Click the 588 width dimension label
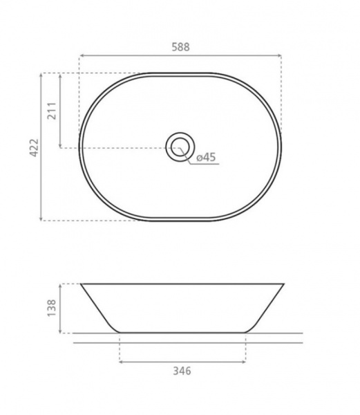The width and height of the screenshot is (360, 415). pyautogui.click(x=181, y=47)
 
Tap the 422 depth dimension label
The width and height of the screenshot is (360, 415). pyautogui.click(x=35, y=147)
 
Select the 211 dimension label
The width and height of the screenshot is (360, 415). pyautogui.click(x=52, y=111)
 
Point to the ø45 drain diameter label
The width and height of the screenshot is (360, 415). pyautogui.click(x=206, y=157)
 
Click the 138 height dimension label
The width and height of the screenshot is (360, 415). pyautogui.click(x=52, y=308)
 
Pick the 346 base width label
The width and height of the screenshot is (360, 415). pyautogui.click(x=182, y=371)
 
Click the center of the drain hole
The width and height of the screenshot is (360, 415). pyautogui.click(x=180, y=147)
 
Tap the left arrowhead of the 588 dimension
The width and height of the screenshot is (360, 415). pyautogui.click(x=82, y=55)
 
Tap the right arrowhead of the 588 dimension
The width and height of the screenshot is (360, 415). pyautogui.click(x=279, y=55)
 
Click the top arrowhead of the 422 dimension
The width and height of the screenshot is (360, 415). pyautogui.click(x=41, y=75)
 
